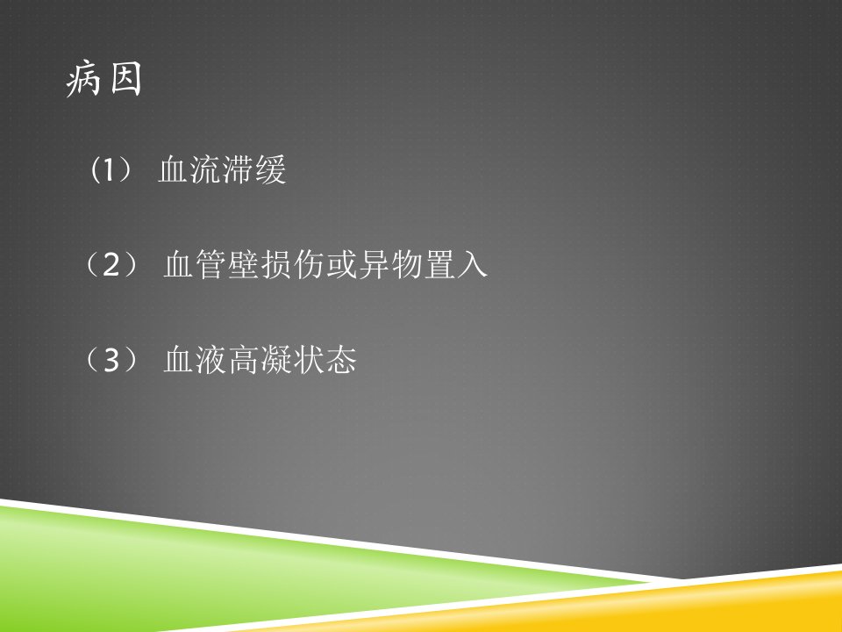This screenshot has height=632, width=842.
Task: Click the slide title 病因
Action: [103, 79]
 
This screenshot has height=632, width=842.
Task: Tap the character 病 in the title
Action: [83, 79]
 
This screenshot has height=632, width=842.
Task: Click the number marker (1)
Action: [111, 169]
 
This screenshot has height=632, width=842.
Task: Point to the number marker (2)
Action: [111, 264]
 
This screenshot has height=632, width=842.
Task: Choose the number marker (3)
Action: [111, 360]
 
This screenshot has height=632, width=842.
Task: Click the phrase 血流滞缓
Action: [222, 169]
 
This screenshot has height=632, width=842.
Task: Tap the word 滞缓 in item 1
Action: [254, 169]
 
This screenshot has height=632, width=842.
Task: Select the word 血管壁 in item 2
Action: [212, 264]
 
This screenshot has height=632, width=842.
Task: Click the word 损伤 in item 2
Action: [293, 264]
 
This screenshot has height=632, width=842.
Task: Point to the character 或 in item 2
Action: [341, 264]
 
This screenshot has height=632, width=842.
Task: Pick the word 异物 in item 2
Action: [390, 264]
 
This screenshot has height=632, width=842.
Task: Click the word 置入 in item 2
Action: [456, 264]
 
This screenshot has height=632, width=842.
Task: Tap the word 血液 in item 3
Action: [196, 360]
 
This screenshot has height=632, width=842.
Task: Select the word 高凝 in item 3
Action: [260, 360]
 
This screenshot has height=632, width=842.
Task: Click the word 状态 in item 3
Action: [325, 360]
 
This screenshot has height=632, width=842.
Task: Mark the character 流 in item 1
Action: [206, 169]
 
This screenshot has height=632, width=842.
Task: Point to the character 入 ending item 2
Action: [472, 264]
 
